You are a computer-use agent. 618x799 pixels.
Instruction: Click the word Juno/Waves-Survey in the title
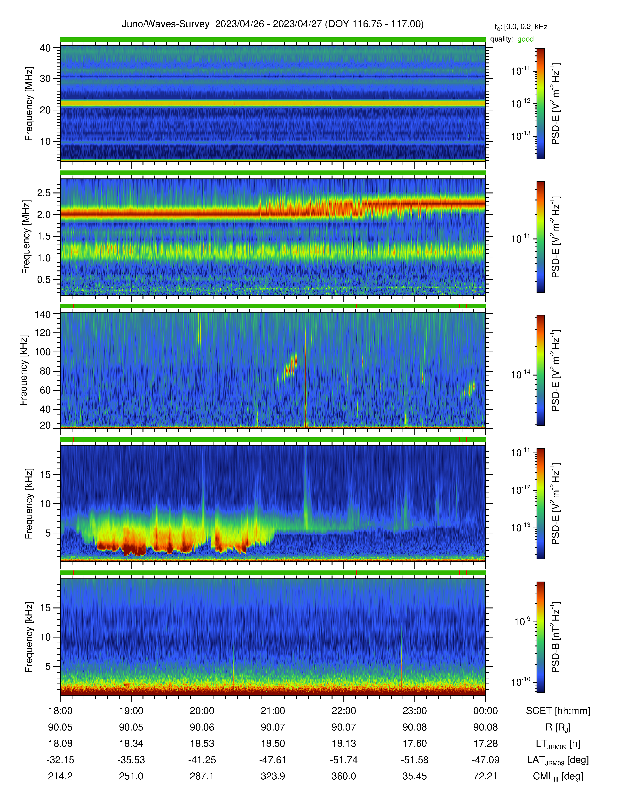click(x=166, y=24)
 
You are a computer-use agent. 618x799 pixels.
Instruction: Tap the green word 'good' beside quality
click(x=525, y=39)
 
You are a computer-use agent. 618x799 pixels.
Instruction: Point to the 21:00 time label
click(x=273, y=711)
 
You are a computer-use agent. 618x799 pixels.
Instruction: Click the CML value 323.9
click(x=273, y=776)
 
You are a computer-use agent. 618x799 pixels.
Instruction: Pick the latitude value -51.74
click(x=344, y=760)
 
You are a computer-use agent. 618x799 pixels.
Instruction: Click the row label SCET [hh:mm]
click(x=558, y=711)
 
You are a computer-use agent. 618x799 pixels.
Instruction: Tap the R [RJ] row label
click(x=558, y=727)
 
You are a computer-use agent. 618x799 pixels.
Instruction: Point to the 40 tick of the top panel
click(x=45, y=48)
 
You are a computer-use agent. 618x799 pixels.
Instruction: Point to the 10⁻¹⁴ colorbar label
click(x=521, y=374)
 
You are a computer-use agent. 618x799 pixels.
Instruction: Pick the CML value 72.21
click(x=485, y=776)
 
